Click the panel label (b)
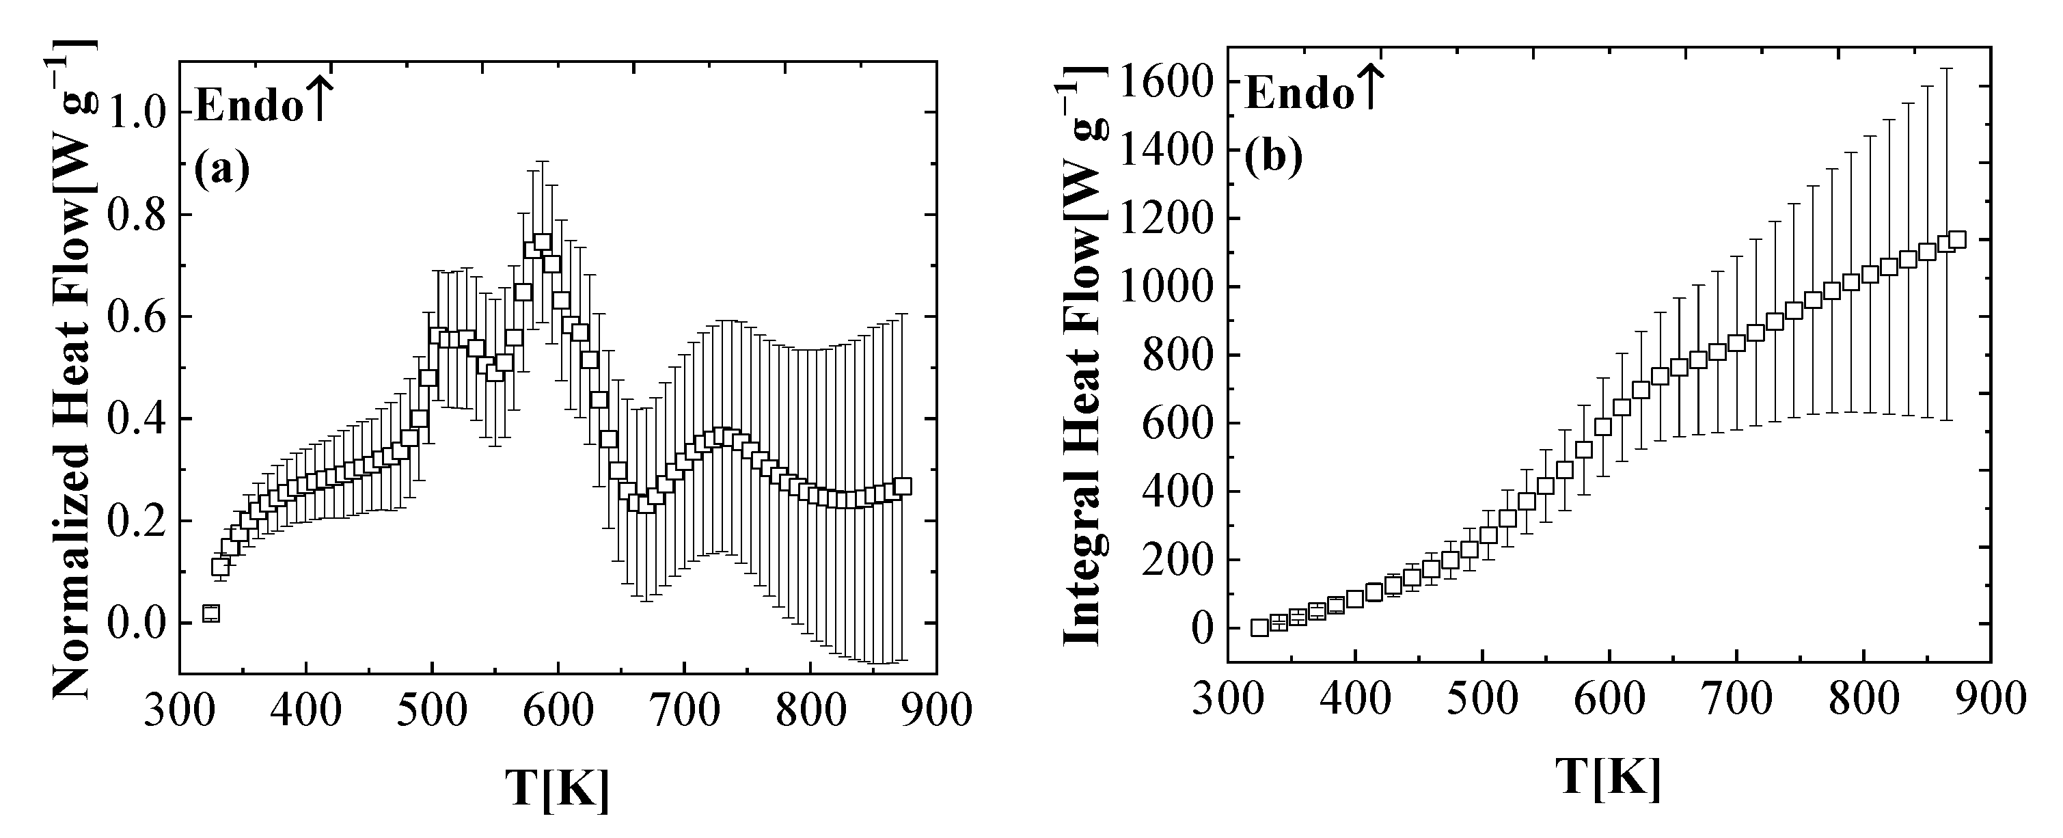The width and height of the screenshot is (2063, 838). click(1272, 157)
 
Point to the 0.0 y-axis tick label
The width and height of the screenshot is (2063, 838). click(141, 624)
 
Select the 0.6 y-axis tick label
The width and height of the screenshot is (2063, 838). click(141, 317)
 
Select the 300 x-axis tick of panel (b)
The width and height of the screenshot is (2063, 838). click(1228, 699)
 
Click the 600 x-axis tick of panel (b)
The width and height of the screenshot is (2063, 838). click(1609, 699)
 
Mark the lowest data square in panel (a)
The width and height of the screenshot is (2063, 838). click(210, 614)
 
